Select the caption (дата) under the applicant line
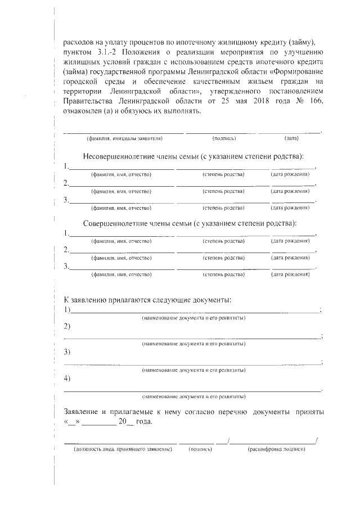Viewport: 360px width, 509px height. [x=291, y=138]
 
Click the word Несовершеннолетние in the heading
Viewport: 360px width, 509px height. [x=120, y=155]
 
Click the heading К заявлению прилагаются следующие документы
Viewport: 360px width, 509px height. [x=147, y=299]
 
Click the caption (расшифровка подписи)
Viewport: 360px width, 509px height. [x=276, y=449]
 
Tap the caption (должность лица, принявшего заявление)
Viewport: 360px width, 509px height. [x=123, y=449]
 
